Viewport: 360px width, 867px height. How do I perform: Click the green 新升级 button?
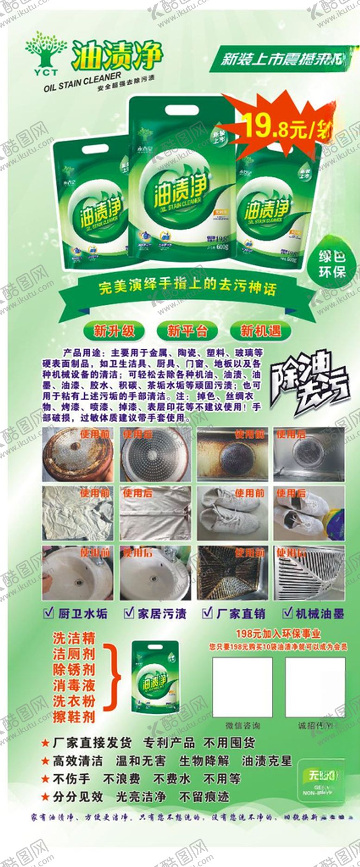pos(114,331)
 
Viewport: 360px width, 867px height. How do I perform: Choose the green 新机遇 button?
pos(260,331)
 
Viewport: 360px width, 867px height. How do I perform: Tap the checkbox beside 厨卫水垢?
pos(48,613)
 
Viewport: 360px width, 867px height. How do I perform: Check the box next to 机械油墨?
pos(288,613)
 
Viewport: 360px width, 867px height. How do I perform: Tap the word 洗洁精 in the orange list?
pos(74,638)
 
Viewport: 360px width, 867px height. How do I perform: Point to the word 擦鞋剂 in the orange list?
pos(74,717)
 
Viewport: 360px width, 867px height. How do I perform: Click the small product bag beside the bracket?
pos(155,677)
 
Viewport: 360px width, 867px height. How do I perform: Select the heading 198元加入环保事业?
pos(278,634)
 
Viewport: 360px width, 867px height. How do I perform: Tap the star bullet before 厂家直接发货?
pos(45,743)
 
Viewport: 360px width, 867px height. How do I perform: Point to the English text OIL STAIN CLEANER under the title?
pos(82,82)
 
